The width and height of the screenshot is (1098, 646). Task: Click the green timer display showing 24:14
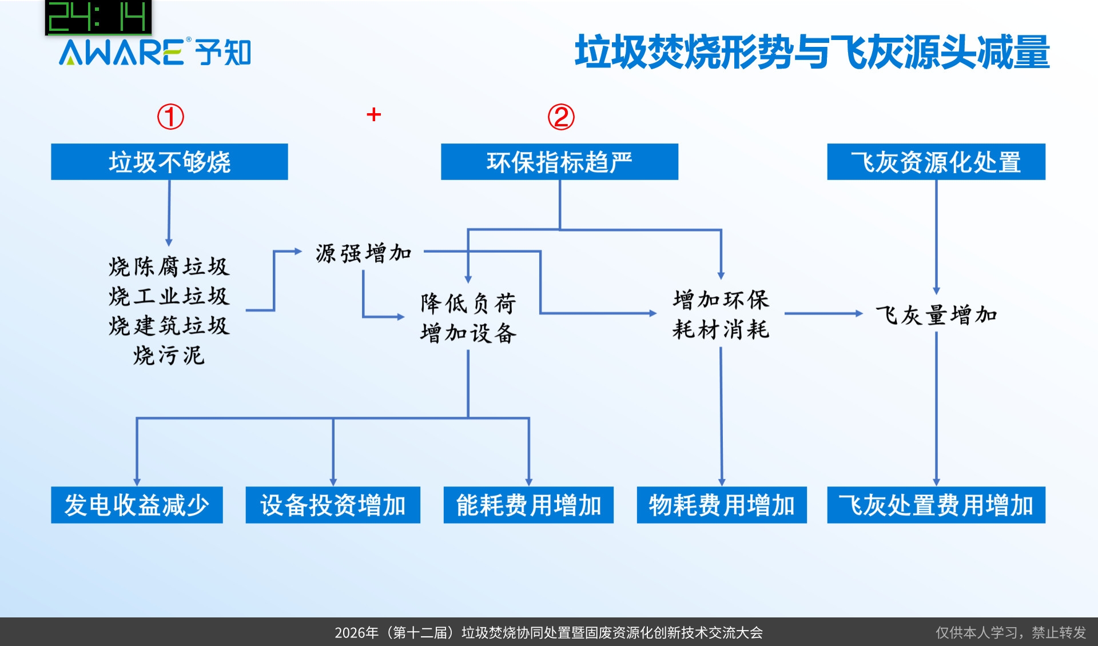(x=98, y=17)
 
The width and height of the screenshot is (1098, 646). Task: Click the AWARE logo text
(x=121, y=53)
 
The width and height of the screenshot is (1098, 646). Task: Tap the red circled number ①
(x=170, y=117)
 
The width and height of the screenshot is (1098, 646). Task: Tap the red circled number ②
(x=561, y=117)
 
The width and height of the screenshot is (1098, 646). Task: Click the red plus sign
(x=373, y=114)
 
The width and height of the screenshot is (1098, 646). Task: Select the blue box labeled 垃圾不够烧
(x=169, y=162)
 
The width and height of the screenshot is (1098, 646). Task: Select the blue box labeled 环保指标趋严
(x=559, y=162)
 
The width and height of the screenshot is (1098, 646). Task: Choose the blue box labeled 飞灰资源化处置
(x=936, y=162)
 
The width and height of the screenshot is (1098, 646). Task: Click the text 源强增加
(x=364, y=253)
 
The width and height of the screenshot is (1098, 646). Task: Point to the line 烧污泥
(x=169, y=356)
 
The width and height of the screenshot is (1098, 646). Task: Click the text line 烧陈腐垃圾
(x=169, y=266)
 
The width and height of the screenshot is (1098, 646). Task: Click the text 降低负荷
(x=468, y=303)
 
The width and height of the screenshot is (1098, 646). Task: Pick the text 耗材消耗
(x=721, y=330)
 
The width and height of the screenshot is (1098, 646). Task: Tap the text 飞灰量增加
(x=936, y=315)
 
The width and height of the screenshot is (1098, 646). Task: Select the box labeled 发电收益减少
(x=137, y=505)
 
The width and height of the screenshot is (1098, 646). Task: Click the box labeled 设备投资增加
(x=333, y=505)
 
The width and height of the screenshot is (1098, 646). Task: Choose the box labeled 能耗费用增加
(x=528, y=505)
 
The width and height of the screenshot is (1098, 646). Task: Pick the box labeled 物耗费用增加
(x=722, y=505)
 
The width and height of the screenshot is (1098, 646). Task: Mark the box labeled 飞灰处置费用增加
(x=936, y=505)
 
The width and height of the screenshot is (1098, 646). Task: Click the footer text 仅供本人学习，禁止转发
(x=1011, y=632)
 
